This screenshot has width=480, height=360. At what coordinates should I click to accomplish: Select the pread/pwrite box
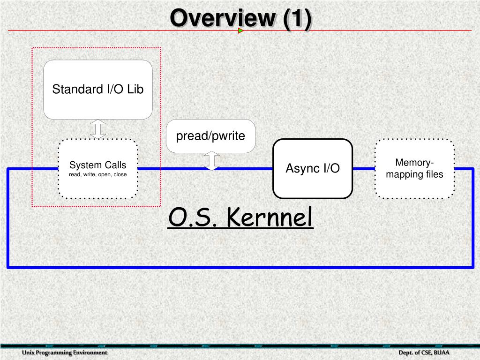point(210,136)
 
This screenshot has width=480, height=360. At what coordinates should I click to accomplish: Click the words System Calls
point(98,165)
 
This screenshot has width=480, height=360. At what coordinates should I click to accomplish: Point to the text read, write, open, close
point(98,174)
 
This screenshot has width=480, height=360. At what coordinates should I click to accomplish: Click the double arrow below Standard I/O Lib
point(98,129)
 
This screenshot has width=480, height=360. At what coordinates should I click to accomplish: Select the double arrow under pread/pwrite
point(212,161)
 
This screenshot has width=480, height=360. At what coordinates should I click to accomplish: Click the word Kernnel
point(270,217)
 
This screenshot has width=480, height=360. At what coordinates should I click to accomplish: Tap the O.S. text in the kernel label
point(192,217)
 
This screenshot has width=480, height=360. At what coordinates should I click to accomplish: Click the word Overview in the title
point(223,19)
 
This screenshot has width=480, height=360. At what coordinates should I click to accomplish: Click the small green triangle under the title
point(240,31)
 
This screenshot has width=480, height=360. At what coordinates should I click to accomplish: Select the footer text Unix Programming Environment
point(65,352)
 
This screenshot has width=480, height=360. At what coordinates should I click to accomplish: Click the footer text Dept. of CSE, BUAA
point(424,352)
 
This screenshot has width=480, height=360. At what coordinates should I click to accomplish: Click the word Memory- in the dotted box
point(414,163)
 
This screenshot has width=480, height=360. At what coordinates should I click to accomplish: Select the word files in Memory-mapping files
point(434,174)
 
